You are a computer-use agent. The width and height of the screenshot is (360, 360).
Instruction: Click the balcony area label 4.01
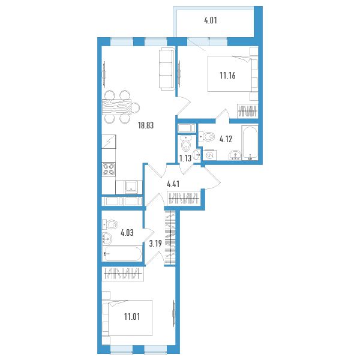click(x=211, y=20)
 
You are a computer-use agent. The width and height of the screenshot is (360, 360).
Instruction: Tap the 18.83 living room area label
click(x=146, y=125)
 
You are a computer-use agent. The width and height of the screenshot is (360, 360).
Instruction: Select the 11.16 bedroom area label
click(x=227, y=76)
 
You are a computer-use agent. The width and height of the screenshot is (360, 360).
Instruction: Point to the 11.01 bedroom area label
click(x=132, y=317)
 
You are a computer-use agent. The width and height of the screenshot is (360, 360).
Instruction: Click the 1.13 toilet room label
click(x=185, y=158)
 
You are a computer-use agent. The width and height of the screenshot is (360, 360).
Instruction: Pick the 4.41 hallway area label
click(x=173, y=184)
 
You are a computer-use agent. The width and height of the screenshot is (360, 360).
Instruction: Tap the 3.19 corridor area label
click(x=155, y=244)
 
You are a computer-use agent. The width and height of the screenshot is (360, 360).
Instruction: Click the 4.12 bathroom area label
click(x=226, y=139)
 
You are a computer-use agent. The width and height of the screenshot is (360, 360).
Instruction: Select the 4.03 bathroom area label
click(x=127, y=233)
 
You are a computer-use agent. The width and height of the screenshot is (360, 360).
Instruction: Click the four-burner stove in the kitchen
click(x=109, y=169)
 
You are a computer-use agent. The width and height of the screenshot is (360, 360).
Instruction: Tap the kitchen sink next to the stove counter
click(x=131, y=187)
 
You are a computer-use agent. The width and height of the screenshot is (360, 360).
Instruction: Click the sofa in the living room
click(x=166, y=69)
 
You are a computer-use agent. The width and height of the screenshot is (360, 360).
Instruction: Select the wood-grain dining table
click(x=116, y=107)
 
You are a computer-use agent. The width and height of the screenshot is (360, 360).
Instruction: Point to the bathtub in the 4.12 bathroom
click(x=250, y=142)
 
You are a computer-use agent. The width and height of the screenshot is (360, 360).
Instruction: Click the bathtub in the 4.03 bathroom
click(x=122, y=253)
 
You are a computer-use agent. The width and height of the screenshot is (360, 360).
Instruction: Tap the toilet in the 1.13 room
click(x=186, y=143)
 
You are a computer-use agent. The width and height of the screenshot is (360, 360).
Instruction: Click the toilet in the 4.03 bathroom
click(x=110, y=224)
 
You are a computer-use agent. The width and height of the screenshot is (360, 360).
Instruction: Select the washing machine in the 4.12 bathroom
click(x=209, y=155)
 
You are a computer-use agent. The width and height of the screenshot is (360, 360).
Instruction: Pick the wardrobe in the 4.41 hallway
click(x=184, y=199)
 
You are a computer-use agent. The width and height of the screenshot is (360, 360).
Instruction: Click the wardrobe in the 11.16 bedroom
click(x=248, y=111)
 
